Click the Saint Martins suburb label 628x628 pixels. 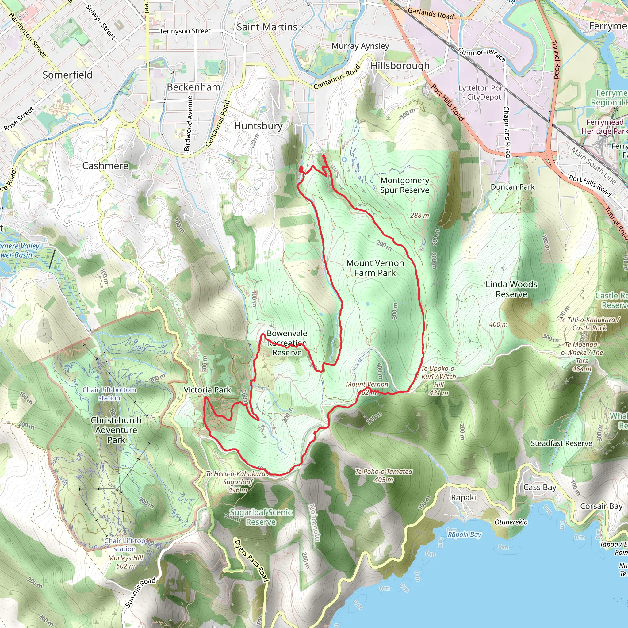click(267, 27)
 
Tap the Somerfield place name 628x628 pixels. click(67, 75)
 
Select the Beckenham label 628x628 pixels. click(194, 87)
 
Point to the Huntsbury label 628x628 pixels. click(258, 126)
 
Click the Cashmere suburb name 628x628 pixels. click(105, 166)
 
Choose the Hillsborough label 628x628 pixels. click(400, 66)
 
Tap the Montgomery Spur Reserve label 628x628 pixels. click(405, 185)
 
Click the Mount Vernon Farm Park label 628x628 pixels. click(375, 268)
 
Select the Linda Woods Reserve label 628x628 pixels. click(511, 289)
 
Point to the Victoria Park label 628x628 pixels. click(207, 390)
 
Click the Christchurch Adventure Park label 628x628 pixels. click(116, 430)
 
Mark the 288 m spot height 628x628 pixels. click(419, 216)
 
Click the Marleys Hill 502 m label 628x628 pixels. click(125, 562)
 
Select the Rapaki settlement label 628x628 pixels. click(463, 498)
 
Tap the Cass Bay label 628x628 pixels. click(540, 487)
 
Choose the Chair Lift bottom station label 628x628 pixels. click(109, 394)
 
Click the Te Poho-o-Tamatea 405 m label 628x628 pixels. click(384, 476)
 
